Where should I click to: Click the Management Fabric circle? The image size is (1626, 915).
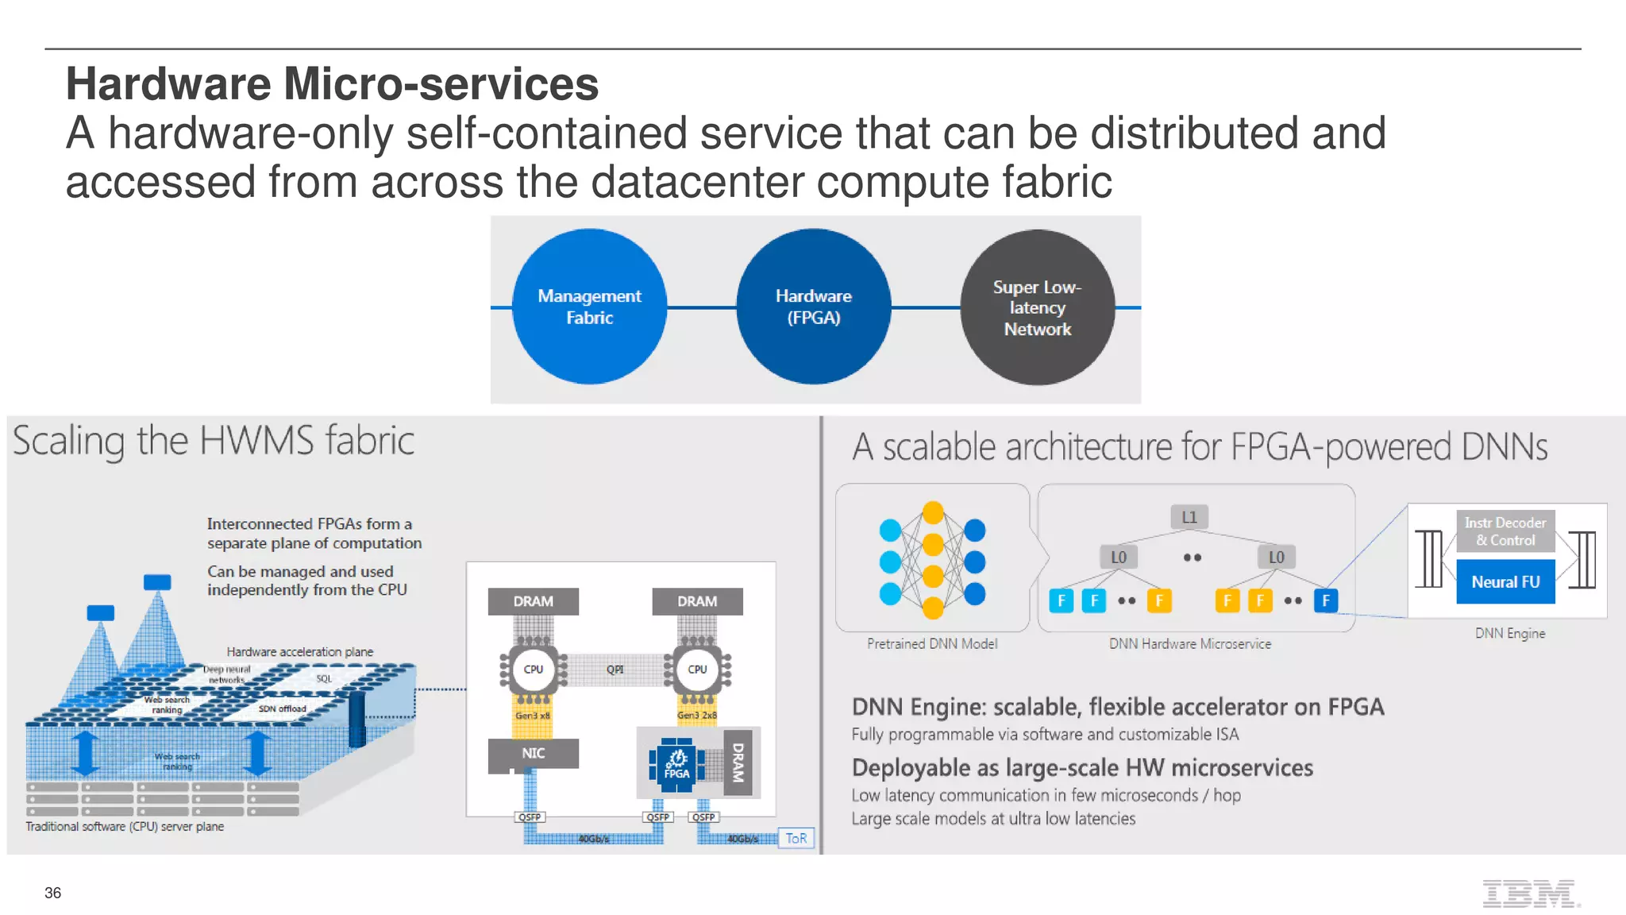tap(589, 307)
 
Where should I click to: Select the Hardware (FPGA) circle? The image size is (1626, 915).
tap(813, 307)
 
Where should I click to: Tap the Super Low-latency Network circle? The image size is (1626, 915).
tap(1037, 307)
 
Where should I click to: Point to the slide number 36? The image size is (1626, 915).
tap(52, 893)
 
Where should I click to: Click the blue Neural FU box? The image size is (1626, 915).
tap(1505, 582)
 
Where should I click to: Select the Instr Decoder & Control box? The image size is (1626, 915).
tap(1505, 531)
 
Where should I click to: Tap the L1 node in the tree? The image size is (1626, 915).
tap(1189, 517)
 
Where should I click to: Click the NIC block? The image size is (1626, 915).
tap(533, 753)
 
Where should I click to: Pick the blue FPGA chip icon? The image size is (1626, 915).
tap(676, 765)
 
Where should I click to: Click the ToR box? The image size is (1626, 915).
tap(796, 839)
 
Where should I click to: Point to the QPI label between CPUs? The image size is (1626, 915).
tap(615, 670)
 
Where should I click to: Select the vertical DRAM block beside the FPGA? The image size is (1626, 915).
tap(738, 762)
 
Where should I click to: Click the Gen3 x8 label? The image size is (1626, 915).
tap(533, 716)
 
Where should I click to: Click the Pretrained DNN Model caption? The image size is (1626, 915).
tap(932, 644)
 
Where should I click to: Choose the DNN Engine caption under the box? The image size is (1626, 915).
tap(1510, 634)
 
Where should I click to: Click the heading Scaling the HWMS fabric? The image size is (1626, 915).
tap(213, 442)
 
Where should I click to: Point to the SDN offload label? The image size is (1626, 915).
tap(282, 708)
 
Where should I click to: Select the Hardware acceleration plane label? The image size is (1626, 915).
tap(299, 652)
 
